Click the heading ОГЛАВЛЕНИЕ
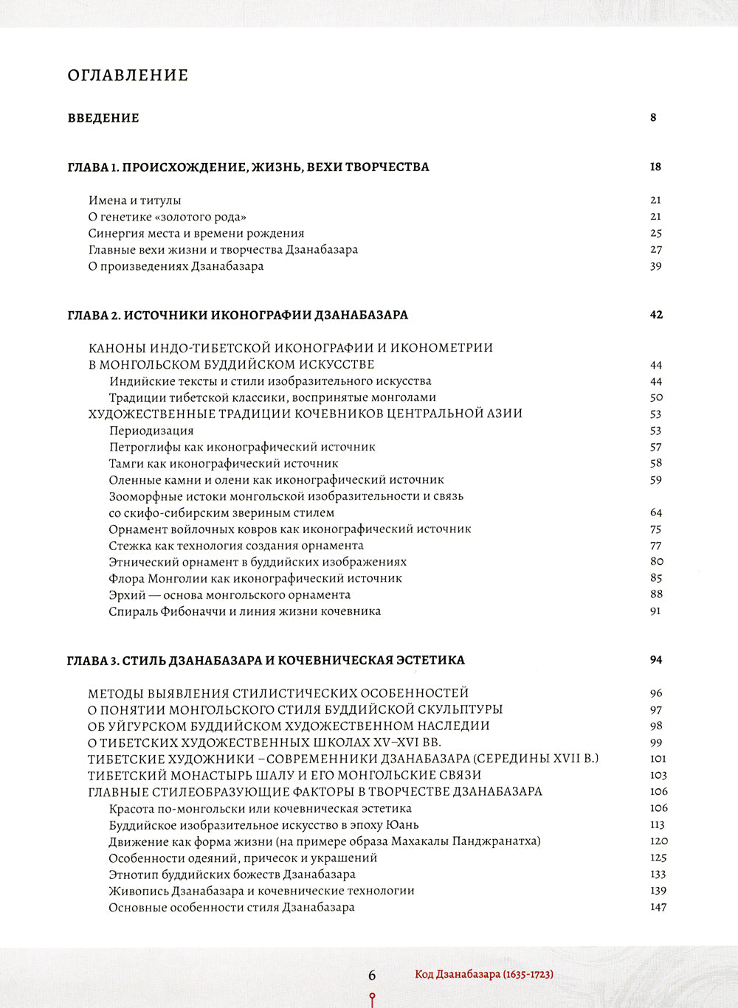128,75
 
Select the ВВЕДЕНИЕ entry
103,118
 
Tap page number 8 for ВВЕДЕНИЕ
653,117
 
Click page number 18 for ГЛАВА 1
655,167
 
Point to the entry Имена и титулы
134,201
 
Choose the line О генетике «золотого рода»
167,217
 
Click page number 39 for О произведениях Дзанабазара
655,266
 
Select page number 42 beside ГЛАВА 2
656,315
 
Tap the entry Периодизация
151,431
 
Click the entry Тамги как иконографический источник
224,464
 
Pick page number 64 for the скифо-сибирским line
656,512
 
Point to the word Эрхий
127,595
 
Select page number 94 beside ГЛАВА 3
656,660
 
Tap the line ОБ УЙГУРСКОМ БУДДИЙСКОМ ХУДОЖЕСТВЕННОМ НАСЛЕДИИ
289,726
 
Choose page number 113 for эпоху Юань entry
658,824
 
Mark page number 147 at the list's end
658,907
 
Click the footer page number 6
372,975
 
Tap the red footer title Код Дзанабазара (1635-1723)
484,974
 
